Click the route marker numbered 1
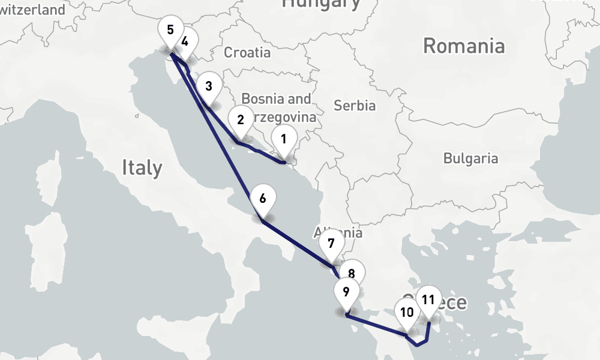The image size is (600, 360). (x=284, y=140)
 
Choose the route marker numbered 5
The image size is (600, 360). (x=170, y=31)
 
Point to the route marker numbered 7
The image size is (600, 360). (x=331, y=244)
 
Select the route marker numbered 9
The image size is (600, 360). (x=346, y=293)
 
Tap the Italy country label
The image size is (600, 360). (x=142, y=167)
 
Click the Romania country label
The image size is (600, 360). (x=463, y=46)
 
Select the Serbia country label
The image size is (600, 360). (x=355, y=106)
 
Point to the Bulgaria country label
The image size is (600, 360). (x=470, y=158)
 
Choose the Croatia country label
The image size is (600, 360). (x=247, y=53)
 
